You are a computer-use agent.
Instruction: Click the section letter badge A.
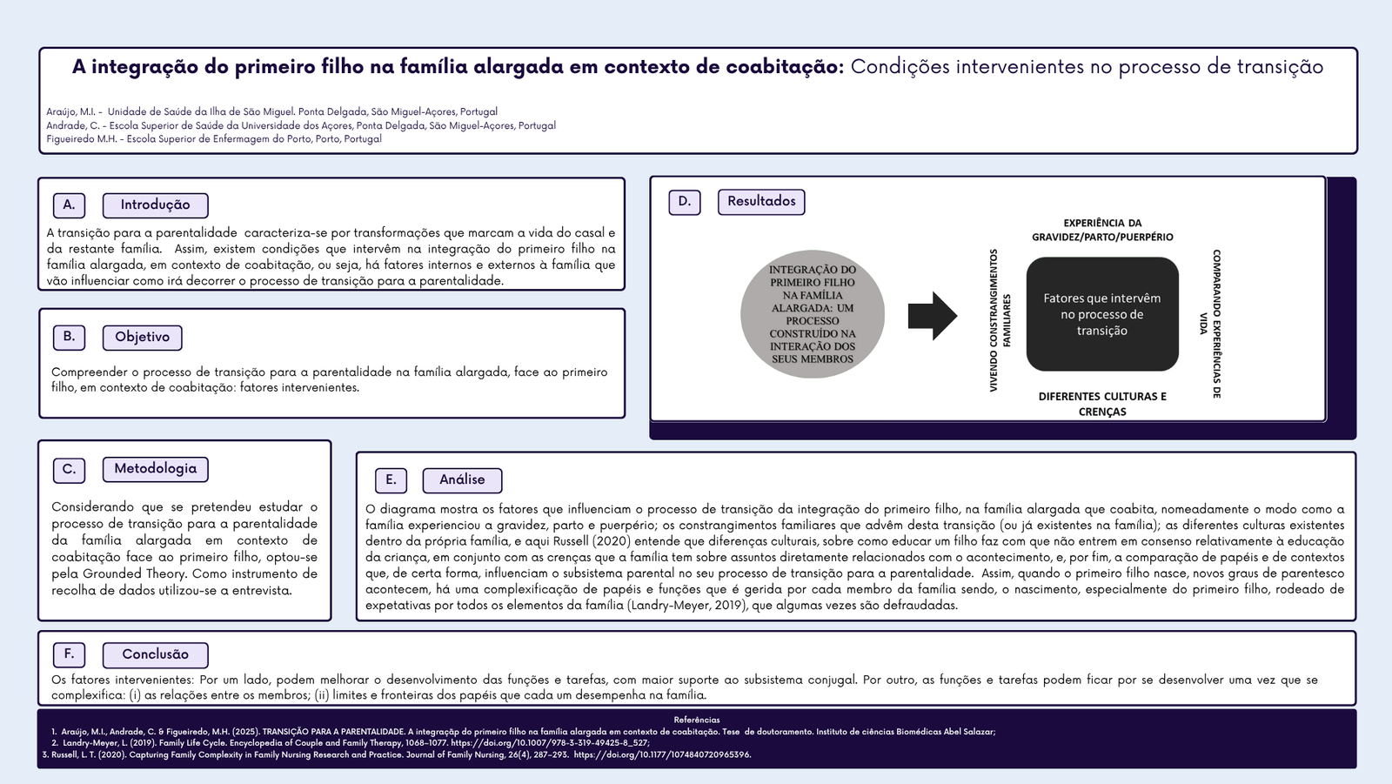69,205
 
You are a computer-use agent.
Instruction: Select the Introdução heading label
155,205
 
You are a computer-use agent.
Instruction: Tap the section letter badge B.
69,337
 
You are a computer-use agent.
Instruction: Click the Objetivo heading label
142,337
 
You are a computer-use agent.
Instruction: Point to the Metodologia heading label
155,469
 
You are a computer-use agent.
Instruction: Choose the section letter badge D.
685,202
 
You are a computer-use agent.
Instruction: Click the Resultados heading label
761,202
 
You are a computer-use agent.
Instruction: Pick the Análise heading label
462,480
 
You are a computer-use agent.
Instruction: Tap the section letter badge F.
69,654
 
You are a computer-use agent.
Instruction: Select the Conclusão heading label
155,654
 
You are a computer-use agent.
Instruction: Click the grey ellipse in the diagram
812,315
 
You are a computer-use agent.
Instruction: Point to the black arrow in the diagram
932,316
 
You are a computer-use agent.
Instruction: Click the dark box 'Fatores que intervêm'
1102,314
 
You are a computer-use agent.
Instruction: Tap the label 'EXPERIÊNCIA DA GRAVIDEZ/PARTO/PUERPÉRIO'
1102,230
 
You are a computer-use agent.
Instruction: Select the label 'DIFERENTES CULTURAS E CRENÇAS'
1102,404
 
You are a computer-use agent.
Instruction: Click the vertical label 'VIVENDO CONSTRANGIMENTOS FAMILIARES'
1000,320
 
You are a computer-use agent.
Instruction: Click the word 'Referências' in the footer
697,720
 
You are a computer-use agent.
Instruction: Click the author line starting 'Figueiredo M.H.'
214,139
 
